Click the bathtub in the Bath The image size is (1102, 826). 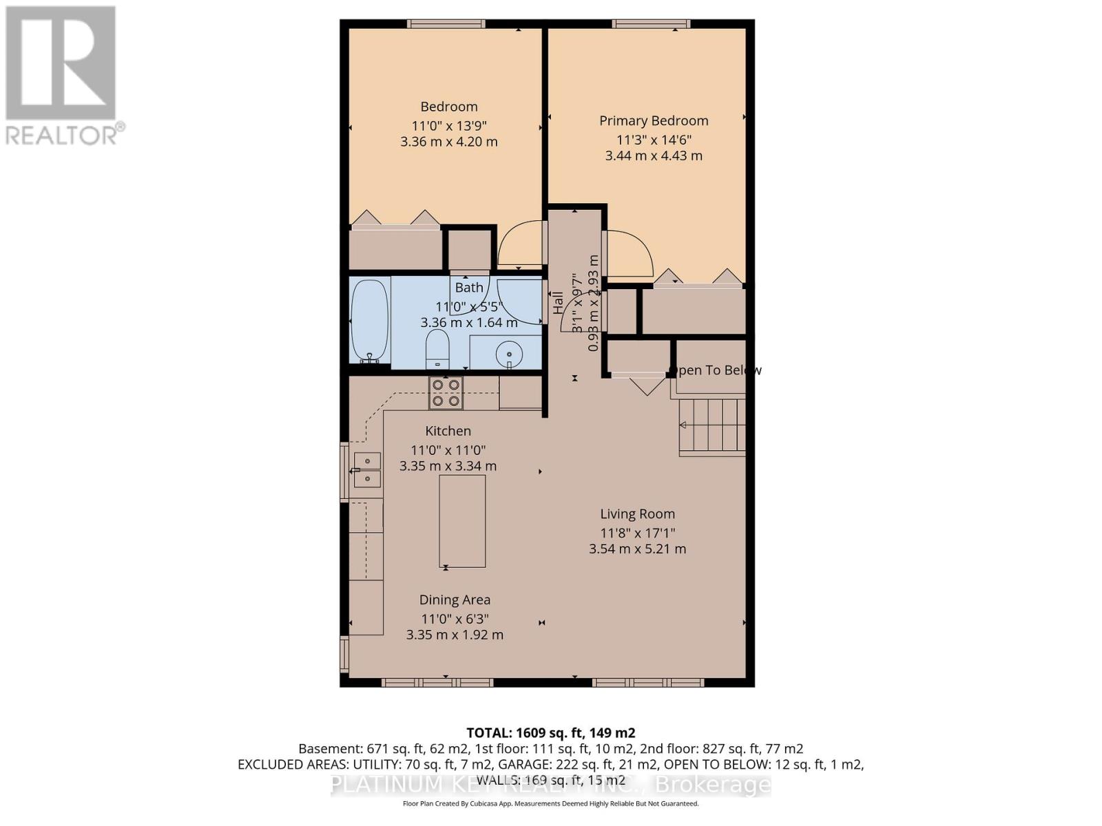(x=369, y=321)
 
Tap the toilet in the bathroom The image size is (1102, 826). (x=437, y=350)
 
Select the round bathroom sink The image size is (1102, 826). (x=510, y=355)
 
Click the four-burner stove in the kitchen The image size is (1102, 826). (x=446, y=393)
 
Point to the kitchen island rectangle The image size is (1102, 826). (x=462, y=521)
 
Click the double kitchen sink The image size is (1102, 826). (x=367, y=469)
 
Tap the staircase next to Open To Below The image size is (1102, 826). (x=713, y=425)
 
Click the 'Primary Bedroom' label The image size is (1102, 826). (x=654, y=121)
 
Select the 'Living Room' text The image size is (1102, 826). (x=637, y=514)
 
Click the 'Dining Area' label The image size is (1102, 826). (x=455, y=600)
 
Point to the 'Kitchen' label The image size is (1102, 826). (x=448, y=431)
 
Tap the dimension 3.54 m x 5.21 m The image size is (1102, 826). (x=637, y=549)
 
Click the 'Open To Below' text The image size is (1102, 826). (x=716, y=370)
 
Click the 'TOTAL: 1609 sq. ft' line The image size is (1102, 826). (x=550, y=733)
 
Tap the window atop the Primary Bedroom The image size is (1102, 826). (x=651, y=24)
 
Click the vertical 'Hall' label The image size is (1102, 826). (x=558, y=303)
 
